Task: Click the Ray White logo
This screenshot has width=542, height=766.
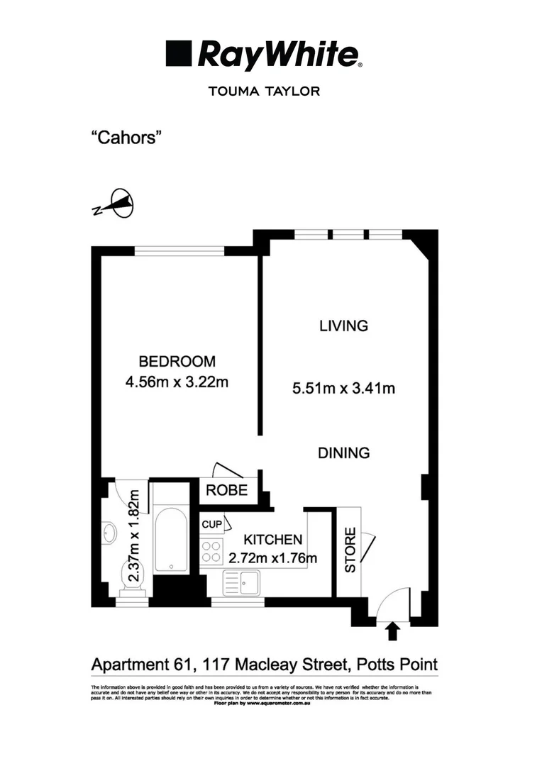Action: click(264, 55)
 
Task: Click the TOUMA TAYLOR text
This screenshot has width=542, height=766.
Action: click(264, 91)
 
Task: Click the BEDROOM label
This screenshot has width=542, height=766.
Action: click(177, 360)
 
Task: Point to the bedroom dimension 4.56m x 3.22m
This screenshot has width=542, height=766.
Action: click(177, 383)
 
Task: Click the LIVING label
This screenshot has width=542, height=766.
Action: click(343, 326)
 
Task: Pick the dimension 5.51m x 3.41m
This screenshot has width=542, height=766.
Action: click(343, 388)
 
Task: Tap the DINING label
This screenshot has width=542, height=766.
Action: click(343, 453)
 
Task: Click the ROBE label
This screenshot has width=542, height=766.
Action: click(227, 489)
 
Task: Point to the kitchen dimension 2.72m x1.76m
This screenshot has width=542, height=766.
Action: click(272, 558)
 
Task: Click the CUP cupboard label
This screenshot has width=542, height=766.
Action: click(211, 524)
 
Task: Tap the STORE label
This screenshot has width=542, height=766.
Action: click(350, 550)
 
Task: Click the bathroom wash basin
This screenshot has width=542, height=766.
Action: click(110, 533)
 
